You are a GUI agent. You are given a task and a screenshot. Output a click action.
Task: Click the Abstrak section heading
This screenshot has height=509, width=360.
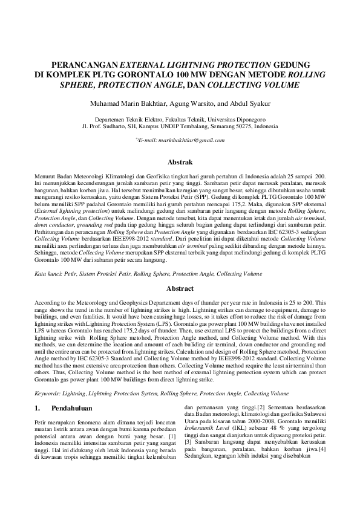coord(180,162)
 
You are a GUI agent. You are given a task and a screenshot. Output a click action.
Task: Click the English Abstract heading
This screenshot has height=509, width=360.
coord(180,289)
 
